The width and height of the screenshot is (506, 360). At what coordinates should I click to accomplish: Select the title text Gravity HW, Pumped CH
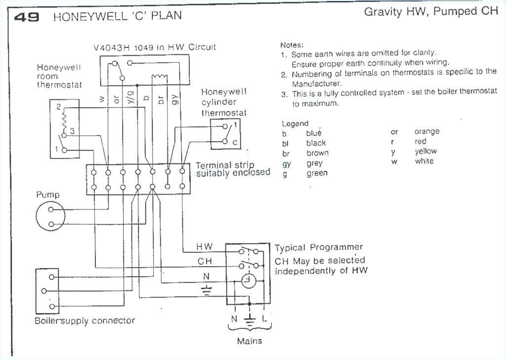[x=431, y=12]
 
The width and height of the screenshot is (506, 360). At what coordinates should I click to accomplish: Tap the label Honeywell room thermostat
[x=59, y=76]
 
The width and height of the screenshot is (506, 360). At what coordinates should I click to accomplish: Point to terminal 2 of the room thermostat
[x=58, y=107]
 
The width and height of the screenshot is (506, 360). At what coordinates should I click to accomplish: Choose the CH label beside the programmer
[x=204, y=261]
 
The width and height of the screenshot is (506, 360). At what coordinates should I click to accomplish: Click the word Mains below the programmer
[x=250, y=341]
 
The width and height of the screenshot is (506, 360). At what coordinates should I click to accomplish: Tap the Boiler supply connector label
[x=84, y=320]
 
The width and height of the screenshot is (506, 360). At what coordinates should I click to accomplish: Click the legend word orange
[x=426, y=132]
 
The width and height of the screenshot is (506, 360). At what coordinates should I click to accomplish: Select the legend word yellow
[x=425, y=152]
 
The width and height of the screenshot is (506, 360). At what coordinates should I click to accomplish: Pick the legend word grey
[x=314, y=163]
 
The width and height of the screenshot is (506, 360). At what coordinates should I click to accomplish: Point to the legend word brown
[x=317, y=153]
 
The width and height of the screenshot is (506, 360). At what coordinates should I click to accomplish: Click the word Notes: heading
[x=292, y=44]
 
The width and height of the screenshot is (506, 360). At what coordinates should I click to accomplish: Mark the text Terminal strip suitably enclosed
[x=233, y=169]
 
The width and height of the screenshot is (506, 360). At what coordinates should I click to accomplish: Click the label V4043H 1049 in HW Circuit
[x=154, y=47]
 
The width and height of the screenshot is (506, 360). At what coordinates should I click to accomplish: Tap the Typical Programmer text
[x=319, y=247]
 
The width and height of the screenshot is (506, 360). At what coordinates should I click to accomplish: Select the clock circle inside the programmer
[x=249, y=281]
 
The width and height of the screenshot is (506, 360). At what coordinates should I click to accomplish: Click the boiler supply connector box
[x=47, y=291]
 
